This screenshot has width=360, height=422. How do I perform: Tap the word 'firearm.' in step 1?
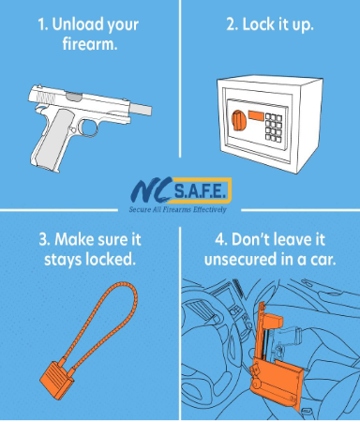(x=90, y=43)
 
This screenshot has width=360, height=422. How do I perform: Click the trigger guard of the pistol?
(x=90, y=127)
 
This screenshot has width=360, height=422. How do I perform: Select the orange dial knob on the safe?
(x=238, y=121)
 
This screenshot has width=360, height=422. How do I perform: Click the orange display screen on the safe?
(x=256, y=115)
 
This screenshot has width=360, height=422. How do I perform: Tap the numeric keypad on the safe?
(x=274, y=128)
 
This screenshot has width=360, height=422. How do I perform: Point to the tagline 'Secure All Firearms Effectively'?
(x=177, y=209)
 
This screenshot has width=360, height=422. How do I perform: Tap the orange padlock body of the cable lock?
(x=56, y=381)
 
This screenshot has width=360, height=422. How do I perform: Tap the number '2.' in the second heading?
(x=232, y=24)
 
